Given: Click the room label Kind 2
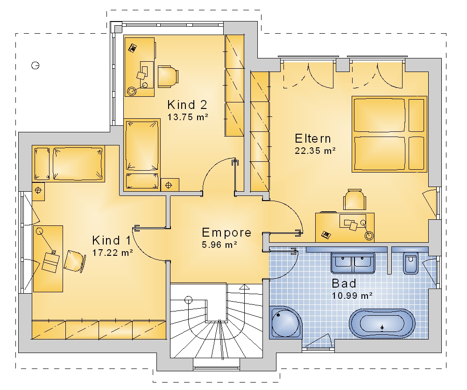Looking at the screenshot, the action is pyautogui.click(x=187, y=105).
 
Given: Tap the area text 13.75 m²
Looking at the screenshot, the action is pyautogui.click(x=188, y=117).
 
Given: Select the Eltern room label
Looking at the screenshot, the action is pyautogui.click(x=313, y=138).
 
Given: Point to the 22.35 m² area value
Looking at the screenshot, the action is pyautogui.click(x=315, y=151).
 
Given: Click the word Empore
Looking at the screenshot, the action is pyautogui.click(x=226, y=232).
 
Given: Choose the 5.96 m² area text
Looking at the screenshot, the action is pyautogui.click(x=219, y=245).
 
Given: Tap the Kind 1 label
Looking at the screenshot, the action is pyautogui.click(x=112, y=240).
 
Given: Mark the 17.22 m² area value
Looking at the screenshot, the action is pyautogui.click(x=112, y=253).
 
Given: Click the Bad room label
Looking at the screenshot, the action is pyautogui.click(x=344, y=283).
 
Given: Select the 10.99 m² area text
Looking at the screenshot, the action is pyautogui.click(x=352, y=296).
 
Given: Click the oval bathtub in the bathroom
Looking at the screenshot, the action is pyautogui.click(x=382, y=324).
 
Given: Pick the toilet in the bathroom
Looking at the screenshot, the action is pyautogui.click(x=411, y=263).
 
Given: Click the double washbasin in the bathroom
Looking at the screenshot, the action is pyautogui.click(x=353, y=263).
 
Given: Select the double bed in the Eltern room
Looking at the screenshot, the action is pyautogui.click(x=389, y=134).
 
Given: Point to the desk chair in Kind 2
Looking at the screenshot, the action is pyautogui.click(x=168, y=77).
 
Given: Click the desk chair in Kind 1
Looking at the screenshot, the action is pyautogui.click(x=74, y=261).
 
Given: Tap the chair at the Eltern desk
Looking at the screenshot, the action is pyautogui.click(x=354, y=200).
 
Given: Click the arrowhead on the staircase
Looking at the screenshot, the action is pyautogui.click(x=244, y=287).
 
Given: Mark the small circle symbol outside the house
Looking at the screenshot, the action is pyautogui.click(x=35, y=65).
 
